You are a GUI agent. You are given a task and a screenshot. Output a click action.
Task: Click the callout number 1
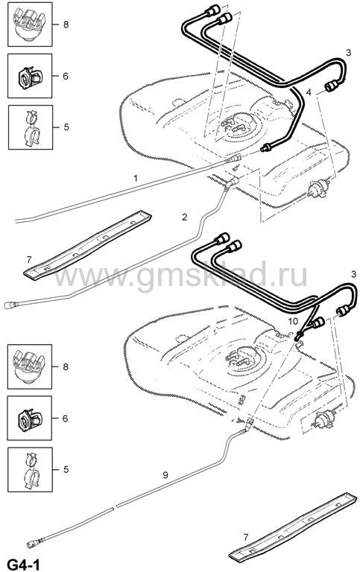click(x=136, y=179)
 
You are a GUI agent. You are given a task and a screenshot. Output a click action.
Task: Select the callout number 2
click(x=184, y=217)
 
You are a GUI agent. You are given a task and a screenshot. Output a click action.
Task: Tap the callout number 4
click(x=309, y=92)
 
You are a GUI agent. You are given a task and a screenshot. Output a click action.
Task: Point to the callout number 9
click(x=165, y=475)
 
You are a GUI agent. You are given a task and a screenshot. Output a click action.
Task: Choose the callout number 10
click(x=293, y=321)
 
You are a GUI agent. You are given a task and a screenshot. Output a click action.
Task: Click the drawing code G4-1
click(x=23, y=565)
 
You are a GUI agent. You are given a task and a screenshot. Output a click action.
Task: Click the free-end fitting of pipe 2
click(x=10, y=305)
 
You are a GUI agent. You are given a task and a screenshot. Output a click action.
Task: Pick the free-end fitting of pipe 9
click(x=33, y=544)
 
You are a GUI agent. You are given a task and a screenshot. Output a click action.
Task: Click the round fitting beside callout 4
click(x=332, y=86)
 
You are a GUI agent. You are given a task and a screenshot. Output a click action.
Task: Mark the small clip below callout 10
click(x=300, y=337)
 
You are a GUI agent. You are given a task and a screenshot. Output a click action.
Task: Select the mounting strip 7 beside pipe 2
click(x=88, y=245)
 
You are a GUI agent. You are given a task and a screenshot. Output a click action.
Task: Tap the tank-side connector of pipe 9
click(x=250, y=425)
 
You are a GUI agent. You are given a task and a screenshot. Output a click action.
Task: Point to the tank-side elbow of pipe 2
click(x=233, y=182)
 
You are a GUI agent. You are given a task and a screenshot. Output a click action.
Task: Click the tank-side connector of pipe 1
click(x=234, y=159)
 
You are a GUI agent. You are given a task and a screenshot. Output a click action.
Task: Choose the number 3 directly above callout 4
click(x=348, y=53)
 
